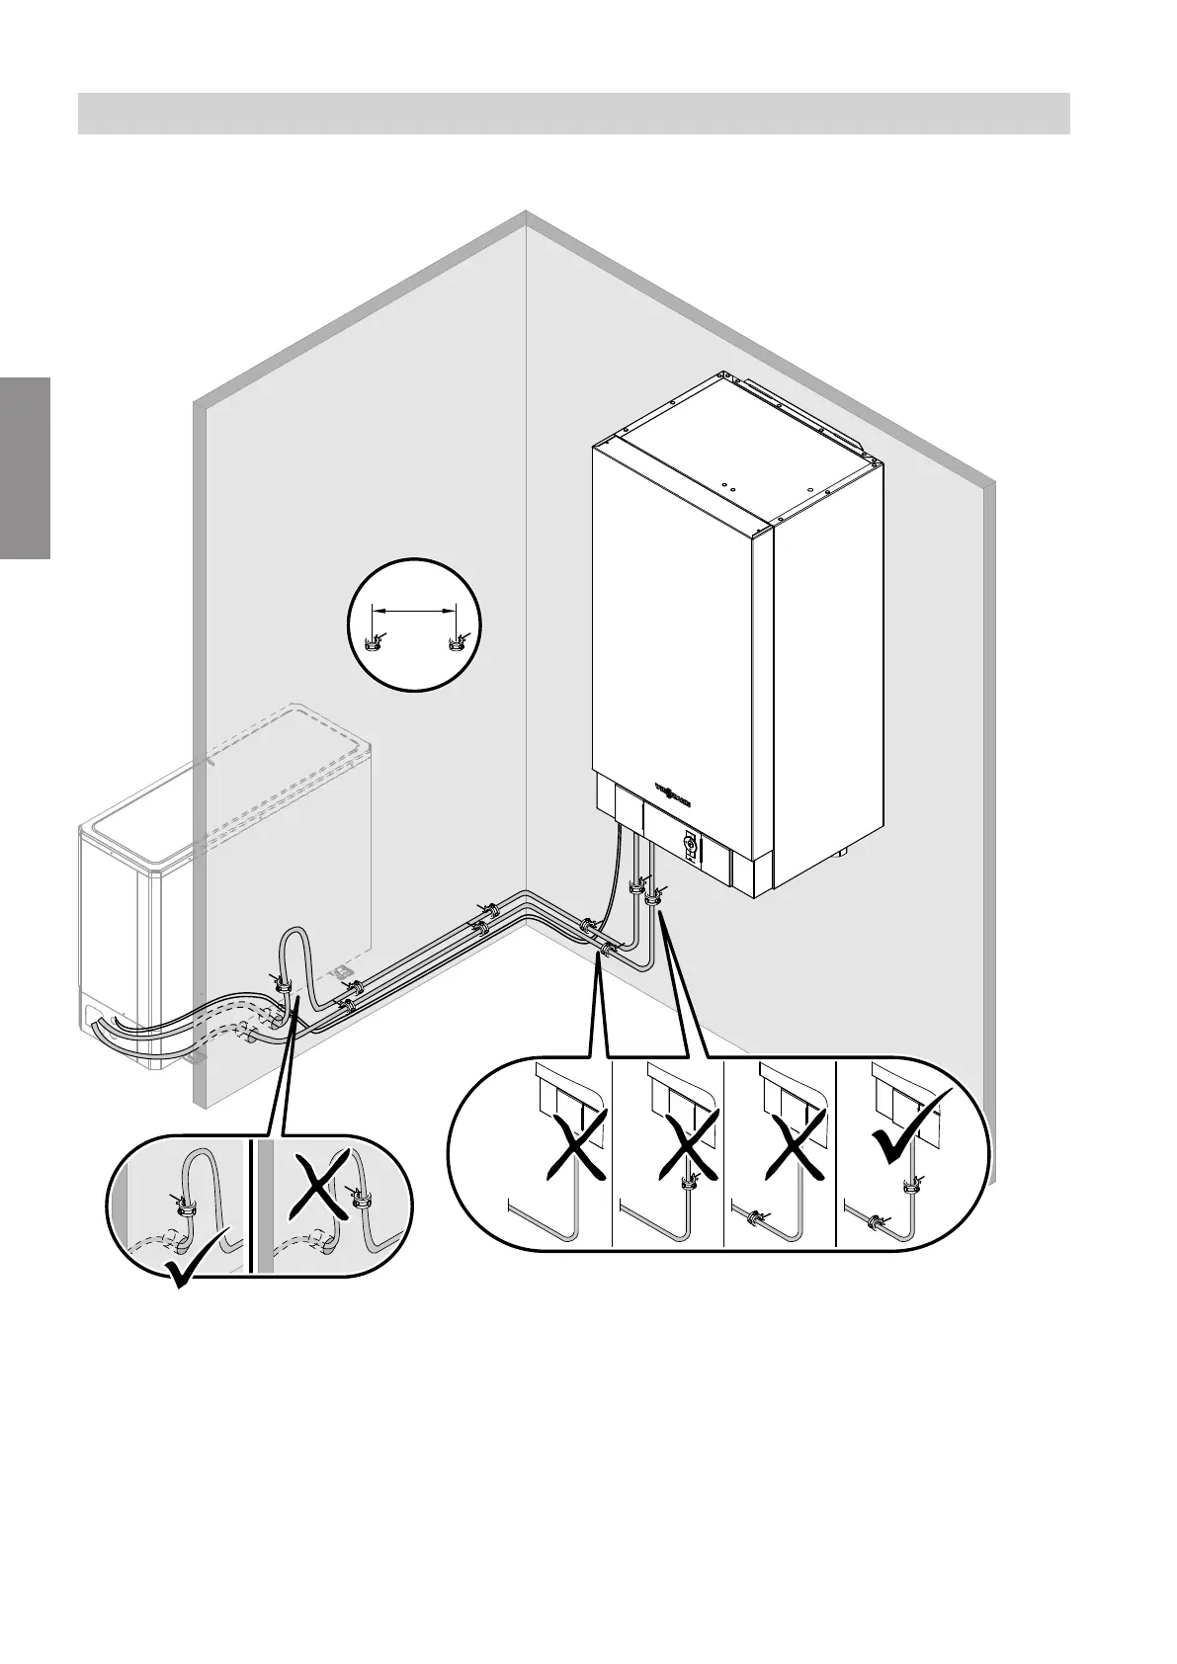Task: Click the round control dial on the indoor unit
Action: pos(691,843)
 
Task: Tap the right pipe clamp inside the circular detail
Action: pos(455,646)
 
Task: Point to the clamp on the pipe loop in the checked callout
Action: pos(183,1206)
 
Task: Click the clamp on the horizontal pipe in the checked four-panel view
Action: pos(875,1221)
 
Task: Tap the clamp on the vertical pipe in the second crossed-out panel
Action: pos(690,1179)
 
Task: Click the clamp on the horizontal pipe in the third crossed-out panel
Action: pos(755,1218)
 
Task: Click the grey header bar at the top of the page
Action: pos(573,113)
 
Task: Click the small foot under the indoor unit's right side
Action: pos(843,850)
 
